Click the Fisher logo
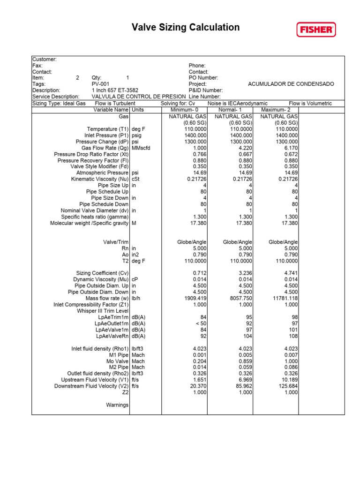pyautogui.click(x=316, y=30)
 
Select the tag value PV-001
pyautogui.click(x=101, y=84)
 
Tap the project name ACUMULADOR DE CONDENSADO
pyautogui.click(x=291, y=84)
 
